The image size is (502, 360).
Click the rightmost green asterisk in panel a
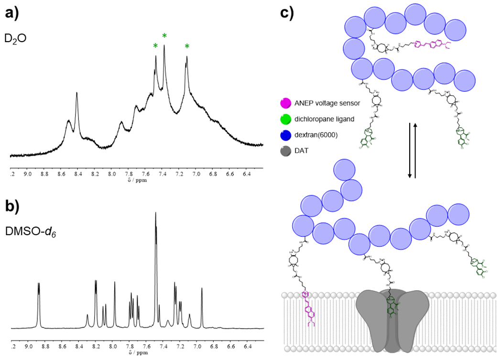coord(187,46)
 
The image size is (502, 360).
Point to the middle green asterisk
coord(164,36)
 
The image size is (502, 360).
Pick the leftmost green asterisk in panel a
coord(155,46)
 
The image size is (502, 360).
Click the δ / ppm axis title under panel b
coord(137,353)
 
